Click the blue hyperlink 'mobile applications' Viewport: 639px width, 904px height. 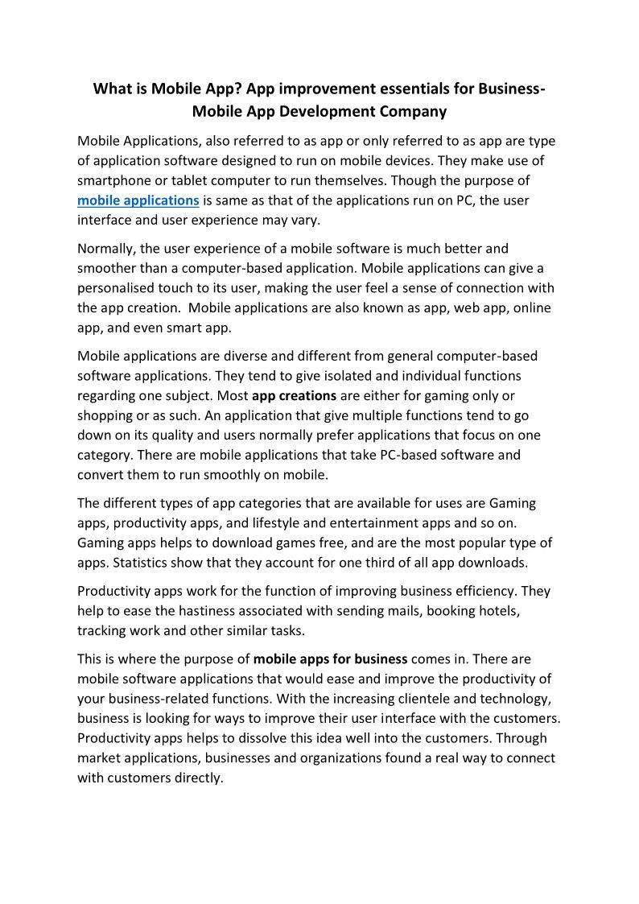point(138,200)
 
